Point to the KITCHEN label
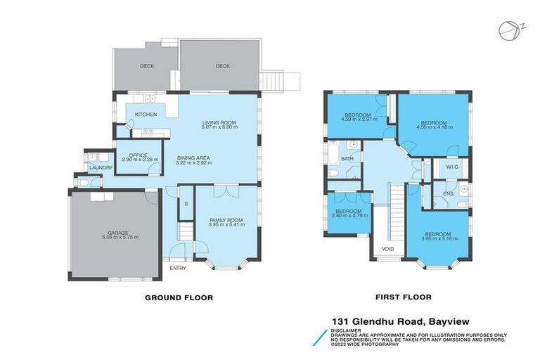tap(146, 114)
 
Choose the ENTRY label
tap(178, 268)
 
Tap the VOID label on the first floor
tap(388, 249)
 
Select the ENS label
tap(448, 193)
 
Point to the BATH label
tap(347, 159)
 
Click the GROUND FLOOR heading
tap(179, 297)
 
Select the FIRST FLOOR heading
tap(403, 297)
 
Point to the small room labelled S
tap(186, 204)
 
